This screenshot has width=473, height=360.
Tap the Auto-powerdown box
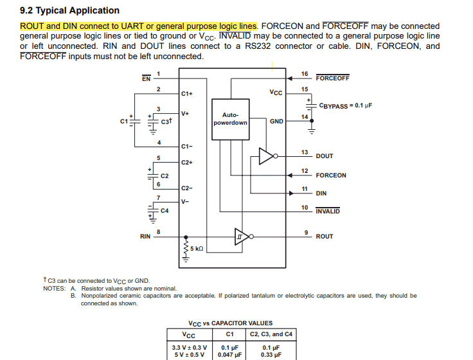point(229,119)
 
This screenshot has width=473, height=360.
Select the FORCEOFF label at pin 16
point(332,78)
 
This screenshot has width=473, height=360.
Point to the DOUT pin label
point(325,156)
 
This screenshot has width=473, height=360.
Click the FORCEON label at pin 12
point(330,175)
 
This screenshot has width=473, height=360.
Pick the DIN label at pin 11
point(321,193)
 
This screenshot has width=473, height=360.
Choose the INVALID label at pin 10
point(328,212)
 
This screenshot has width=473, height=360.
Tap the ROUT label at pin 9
point(325,237)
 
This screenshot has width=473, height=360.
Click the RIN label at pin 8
point(145,237)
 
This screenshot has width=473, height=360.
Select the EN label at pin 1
point(146,78)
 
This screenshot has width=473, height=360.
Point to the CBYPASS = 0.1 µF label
point(345,105)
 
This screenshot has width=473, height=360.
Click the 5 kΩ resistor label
point(196,248)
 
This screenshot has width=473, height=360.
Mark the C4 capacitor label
point(165,210)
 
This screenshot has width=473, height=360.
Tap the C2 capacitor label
point(165,175)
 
